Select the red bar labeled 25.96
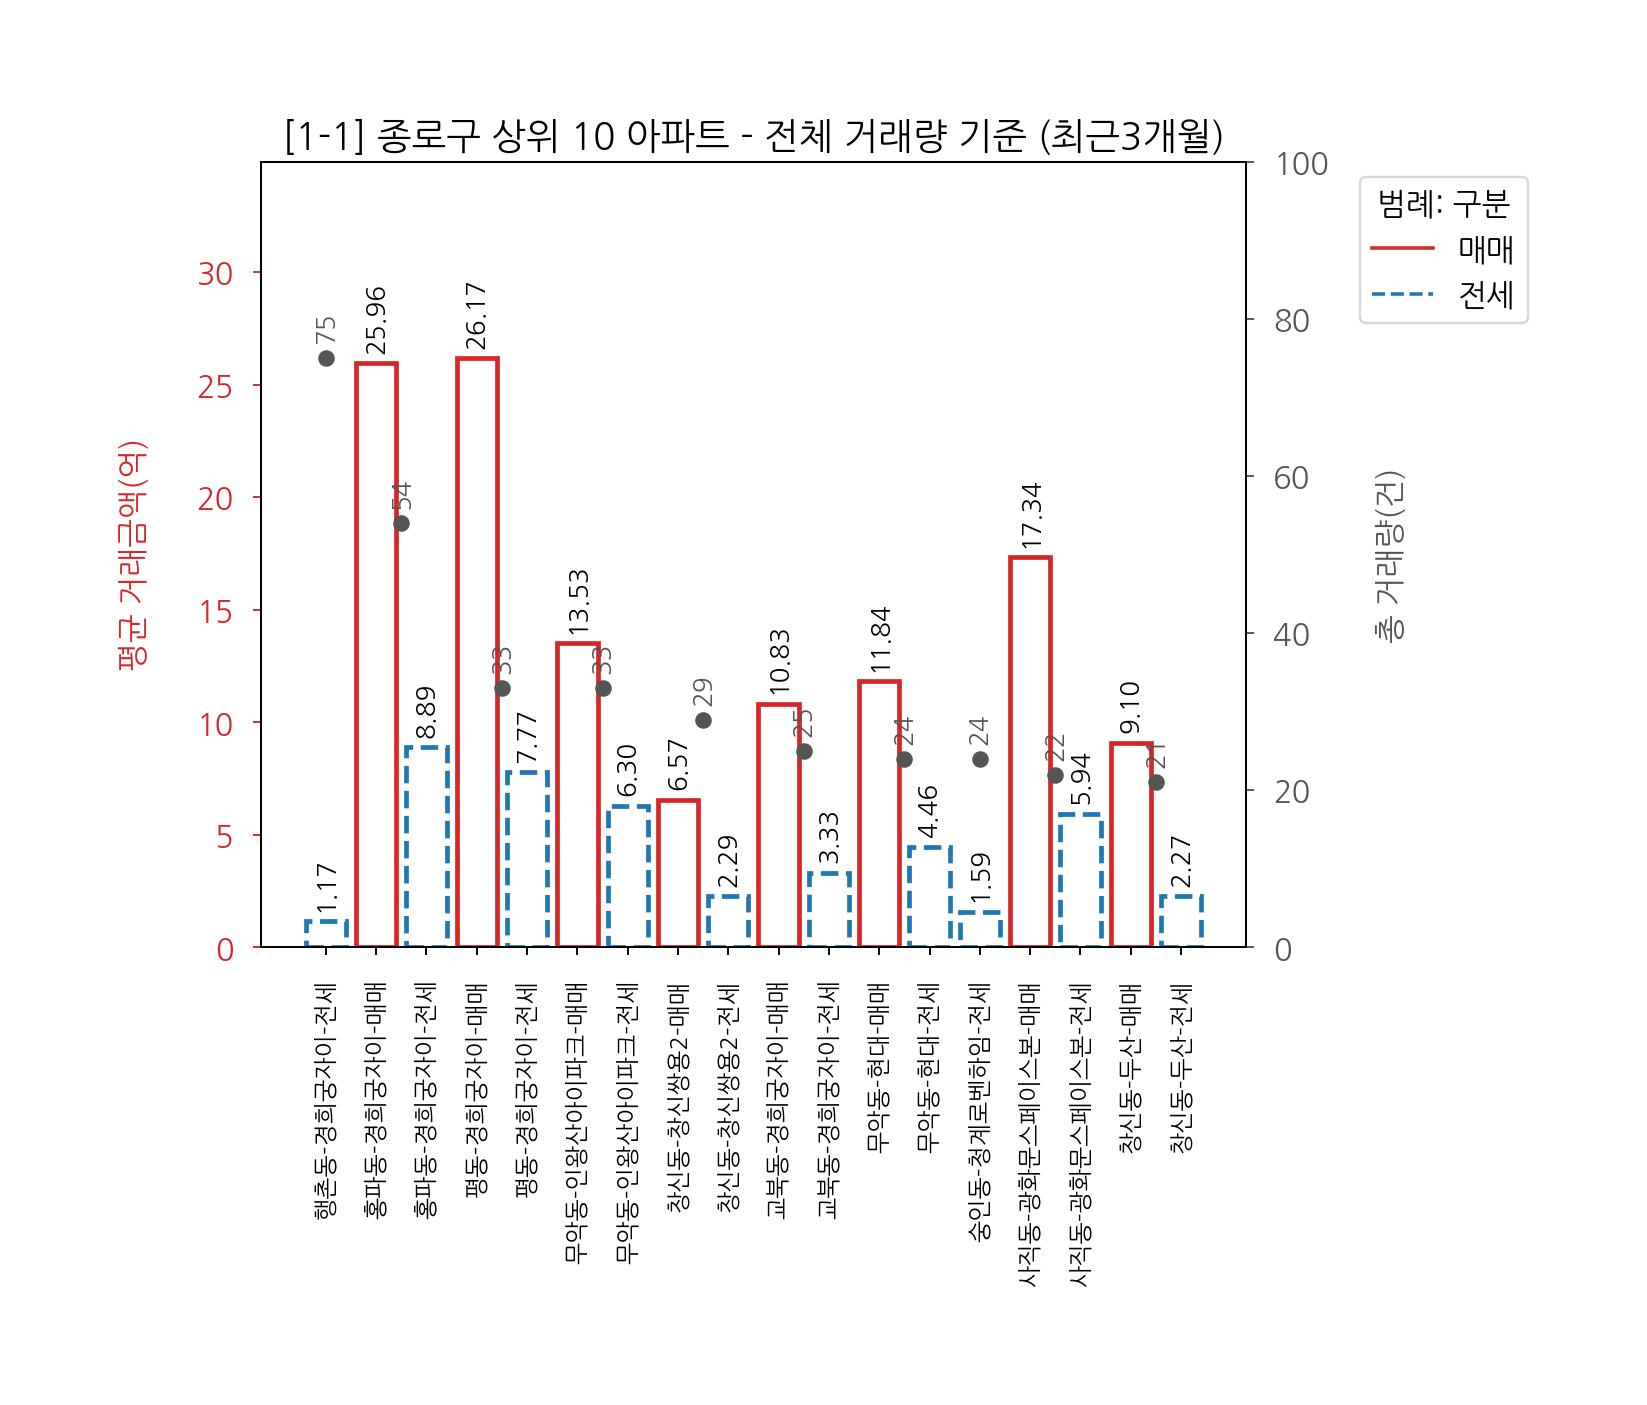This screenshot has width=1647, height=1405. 376,654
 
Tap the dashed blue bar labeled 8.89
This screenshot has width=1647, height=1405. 427,846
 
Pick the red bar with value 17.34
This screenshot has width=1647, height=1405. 1030,751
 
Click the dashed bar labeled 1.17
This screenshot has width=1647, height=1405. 326,933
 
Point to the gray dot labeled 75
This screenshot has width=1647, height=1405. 326,358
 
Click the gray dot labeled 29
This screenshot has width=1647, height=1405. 703,720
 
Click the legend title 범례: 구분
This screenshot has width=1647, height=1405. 1443,204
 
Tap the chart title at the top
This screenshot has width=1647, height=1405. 753,137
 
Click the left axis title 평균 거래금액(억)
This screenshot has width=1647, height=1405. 133,555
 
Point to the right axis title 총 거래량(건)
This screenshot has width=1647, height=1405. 1390,555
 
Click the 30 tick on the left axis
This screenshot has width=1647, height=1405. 215,273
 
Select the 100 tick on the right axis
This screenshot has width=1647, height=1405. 1301,164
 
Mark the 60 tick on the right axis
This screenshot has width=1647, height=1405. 1292,478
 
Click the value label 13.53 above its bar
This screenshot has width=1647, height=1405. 578,602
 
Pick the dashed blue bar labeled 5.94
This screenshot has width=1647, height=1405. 1081,880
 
